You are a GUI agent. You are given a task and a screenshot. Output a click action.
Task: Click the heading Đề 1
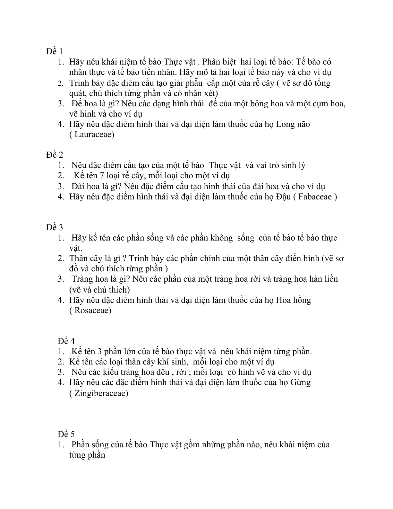pyautogui.click(x=54, y=51)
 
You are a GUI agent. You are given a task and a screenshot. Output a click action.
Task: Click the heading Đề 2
pyautogui.click(x=54, y=155)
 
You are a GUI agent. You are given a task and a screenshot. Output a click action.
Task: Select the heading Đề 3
pyautogui.click(x=54, y=227)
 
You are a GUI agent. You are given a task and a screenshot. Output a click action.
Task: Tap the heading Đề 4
pyautogui.click(x=66, y=341)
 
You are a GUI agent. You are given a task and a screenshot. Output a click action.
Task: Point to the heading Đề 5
pyautogui.click(x=66, y=434)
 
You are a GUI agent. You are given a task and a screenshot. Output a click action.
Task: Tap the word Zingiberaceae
pyautogui.click(x=101, y=393)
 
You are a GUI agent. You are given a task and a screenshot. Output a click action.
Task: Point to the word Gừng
pyautogui.click(x=300, y=382)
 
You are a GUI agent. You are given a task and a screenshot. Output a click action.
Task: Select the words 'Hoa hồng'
pyautogui.click(x=294, y=300)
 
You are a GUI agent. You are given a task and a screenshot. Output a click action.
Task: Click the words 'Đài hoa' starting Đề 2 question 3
pyautogui.click(x=84, y=186)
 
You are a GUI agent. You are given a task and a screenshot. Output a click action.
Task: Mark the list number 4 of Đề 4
pyautogui.click(x=61, y=382)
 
